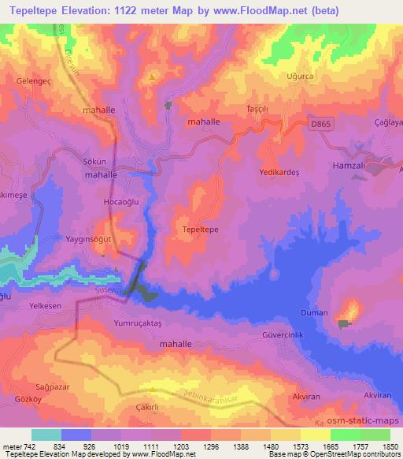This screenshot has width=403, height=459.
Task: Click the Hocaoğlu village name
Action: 100,202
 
